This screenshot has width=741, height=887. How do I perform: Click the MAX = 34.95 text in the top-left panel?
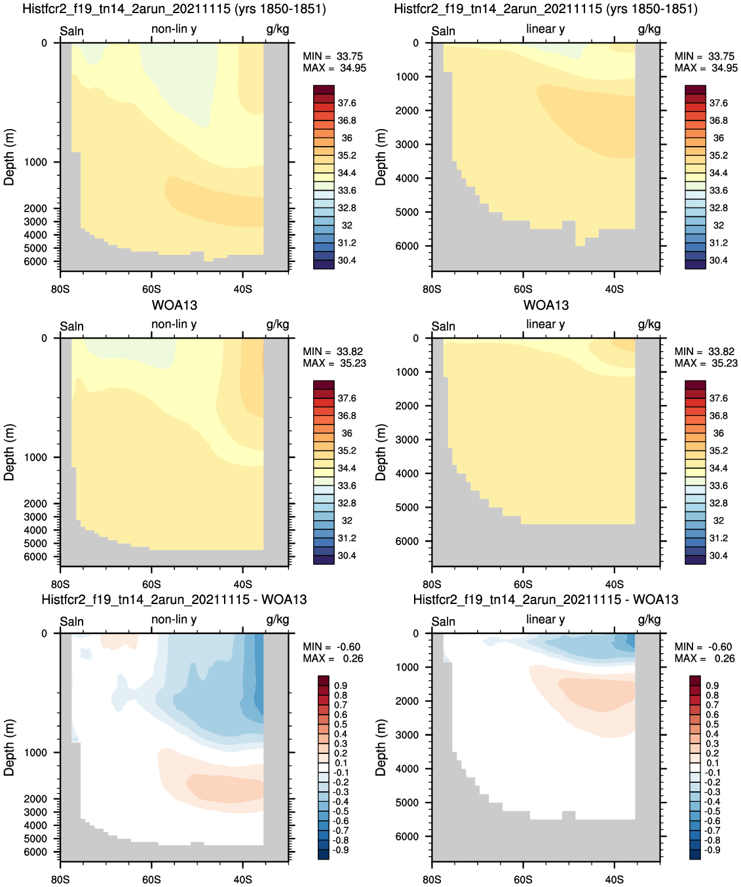334,68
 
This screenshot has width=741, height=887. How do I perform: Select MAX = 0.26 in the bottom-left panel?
333,658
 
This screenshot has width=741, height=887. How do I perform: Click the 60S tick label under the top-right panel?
523,290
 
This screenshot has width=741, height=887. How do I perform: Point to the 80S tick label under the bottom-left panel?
60,880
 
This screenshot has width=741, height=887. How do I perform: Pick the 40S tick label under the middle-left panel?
242,584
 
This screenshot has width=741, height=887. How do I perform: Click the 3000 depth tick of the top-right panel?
407,144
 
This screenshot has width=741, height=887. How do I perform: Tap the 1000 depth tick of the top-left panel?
35,162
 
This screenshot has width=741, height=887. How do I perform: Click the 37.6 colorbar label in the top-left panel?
347,104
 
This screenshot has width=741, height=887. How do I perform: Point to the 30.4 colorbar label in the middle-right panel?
719,556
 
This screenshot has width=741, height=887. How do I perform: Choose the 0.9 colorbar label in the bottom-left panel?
341,686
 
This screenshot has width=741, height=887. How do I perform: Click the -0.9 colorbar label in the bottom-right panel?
711,850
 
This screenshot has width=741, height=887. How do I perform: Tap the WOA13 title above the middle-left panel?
174,305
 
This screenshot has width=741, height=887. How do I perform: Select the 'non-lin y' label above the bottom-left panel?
174,619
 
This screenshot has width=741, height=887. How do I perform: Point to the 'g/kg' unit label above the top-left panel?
277,29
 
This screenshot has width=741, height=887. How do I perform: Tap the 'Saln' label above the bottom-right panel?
443,622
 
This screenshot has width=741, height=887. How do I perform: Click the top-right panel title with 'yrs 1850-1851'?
546,9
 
